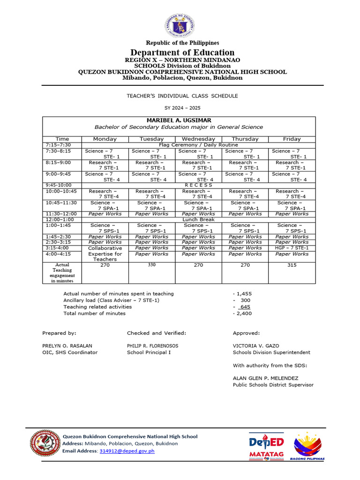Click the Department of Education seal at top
pos(180,25)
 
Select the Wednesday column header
pos(198,139)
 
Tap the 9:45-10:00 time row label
pos(59,185)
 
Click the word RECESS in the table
pos(198,185)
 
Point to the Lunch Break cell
pos(198,219)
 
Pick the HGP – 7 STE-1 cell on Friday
pos(292,248)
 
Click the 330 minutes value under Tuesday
pos(151,265)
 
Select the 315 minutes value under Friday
pos(292,265)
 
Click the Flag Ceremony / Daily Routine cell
pos(198,145)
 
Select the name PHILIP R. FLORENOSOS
pos(152,345)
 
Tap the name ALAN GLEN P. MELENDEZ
pos(265,378)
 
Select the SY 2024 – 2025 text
pos(182,108)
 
